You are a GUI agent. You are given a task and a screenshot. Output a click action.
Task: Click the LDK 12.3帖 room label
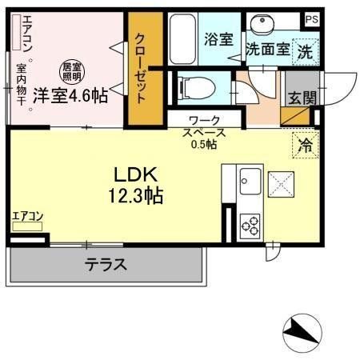coord(132,183)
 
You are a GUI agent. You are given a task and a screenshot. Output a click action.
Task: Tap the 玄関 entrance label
coord(300,98)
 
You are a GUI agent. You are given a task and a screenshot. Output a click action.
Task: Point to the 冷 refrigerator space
coord(304,145)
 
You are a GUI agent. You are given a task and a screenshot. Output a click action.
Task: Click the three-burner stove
coord(249,222)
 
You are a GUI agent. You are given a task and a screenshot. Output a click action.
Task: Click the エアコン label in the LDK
coord(27,215)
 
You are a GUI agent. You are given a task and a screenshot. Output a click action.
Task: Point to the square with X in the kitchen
coord(282,183)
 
